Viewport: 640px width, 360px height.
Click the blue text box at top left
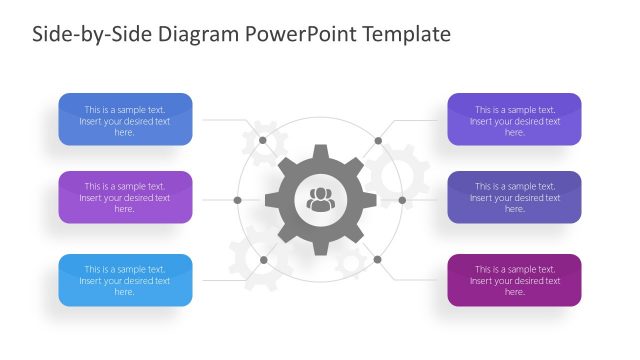[x=125, y=120]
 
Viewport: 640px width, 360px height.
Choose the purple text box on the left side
[x=125, y=197]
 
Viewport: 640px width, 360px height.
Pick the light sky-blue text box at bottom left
[x=125, y=280]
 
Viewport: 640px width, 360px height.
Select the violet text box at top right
[x=514, y=120]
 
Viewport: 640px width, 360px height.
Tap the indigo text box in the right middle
[x=514, y=197]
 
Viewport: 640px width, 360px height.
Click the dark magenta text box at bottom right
[x=514, y=280]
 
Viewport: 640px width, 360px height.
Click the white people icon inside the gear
[x=320, y=199]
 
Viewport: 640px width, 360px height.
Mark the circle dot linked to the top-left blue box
[x=263, y=140]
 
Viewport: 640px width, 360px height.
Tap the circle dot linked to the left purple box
[x=237, y=200]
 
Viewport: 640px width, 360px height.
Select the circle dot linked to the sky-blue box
[x=263, y=260]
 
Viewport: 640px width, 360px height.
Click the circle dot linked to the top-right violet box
[x=378, y=140]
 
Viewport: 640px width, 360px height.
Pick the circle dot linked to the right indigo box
[x=402, y=200]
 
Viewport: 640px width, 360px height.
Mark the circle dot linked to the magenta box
[x=378, y=260]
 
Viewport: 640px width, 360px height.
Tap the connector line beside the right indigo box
[x=422, y=200]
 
